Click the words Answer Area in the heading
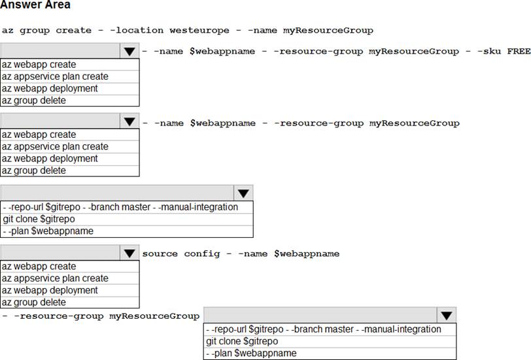point(35,5)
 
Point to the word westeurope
point(199,31)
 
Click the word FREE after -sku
point(519,51)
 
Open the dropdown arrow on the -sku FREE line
point(129,51)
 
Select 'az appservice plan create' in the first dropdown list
point(55,76)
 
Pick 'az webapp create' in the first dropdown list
point(39,64)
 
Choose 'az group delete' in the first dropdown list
point(34,101)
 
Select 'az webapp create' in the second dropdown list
point(39,135)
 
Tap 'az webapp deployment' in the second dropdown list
point(50,158)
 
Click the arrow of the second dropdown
point(129,121)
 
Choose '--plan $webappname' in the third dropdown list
point(48,231)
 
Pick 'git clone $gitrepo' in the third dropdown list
point(39,219)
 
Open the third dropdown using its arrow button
point(243,193)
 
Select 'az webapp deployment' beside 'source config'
point(50,290)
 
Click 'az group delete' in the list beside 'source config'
point(34,302)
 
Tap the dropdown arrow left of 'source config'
point(129,253)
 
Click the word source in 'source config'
point(160,254)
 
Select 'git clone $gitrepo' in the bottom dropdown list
point(242,341)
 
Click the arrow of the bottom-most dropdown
point(447,316)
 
